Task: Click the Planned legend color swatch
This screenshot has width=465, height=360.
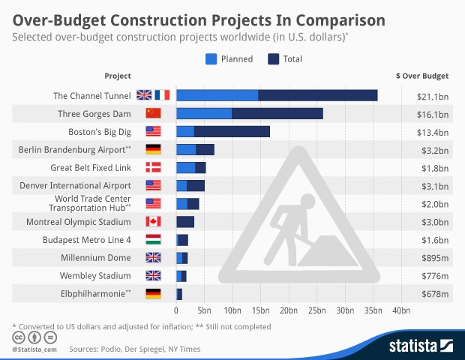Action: click(211, 58)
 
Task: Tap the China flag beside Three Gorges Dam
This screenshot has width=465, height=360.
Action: click(153, 113)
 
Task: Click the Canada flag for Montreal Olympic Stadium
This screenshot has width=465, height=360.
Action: click(153, 222)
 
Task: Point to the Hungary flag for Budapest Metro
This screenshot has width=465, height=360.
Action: click(153, 240)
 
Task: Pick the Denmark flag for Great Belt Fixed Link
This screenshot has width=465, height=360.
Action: click(153, 167)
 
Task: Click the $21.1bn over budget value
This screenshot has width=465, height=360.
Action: click(433, 95)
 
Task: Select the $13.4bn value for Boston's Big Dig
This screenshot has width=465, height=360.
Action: click(433, 131)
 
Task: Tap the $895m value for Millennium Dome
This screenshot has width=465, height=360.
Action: click(433, 258)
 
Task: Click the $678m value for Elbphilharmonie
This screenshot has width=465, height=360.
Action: click(433, 294)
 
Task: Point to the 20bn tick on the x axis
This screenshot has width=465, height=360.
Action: click(289, 310)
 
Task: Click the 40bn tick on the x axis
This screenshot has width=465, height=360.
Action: click(401, 310)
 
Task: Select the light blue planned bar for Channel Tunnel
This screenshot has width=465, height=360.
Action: click(217, 95)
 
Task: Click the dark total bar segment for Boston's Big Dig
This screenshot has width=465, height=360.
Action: click(232, 131)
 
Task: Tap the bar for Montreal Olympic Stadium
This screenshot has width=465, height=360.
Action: click(185, 222)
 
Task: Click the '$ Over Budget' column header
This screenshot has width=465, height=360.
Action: click(421, 76)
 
